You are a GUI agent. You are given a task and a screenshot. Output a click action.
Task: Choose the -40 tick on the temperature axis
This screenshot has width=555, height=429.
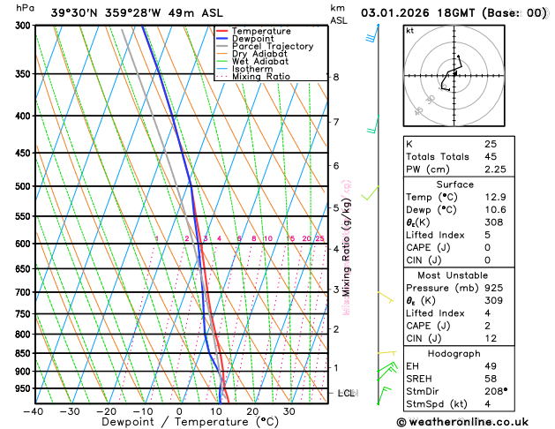tap(34, 410)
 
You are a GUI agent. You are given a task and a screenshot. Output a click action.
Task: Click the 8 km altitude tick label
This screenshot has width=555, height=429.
tap(336, 77)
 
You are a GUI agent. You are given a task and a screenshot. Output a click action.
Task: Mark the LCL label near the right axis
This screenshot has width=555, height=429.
tap(346, 393)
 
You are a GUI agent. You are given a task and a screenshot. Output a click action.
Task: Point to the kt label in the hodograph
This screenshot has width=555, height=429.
tap(409, 30)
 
